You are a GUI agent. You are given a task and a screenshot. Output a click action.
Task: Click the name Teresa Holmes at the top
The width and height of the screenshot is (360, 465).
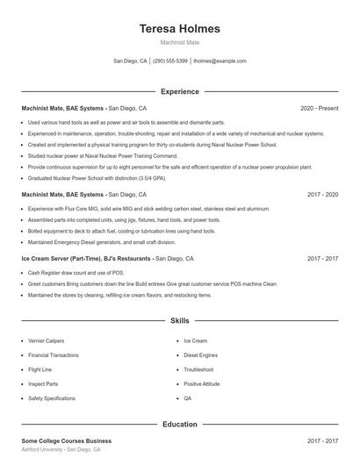180,28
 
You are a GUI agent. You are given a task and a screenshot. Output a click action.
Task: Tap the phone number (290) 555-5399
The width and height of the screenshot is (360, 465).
170,61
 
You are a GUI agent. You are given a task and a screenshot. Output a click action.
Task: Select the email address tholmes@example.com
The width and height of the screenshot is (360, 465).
220,61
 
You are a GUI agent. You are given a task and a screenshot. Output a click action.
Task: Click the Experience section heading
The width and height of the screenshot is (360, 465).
180,91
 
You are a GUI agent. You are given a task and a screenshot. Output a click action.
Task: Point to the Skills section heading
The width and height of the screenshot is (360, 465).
180,321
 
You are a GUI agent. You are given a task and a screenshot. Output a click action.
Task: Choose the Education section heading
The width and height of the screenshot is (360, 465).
180,425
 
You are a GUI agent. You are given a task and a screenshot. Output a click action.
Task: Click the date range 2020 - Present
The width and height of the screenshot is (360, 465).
319,108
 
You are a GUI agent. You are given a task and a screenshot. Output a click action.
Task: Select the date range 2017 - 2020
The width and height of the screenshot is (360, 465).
322,194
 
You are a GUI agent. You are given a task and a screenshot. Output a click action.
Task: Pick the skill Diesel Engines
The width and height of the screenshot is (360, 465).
201,354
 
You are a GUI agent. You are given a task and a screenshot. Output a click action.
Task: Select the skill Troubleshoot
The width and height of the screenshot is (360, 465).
199,369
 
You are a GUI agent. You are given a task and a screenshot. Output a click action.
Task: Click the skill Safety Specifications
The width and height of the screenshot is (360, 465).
52,398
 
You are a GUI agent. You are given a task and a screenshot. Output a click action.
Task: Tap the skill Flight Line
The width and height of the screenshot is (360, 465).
41,369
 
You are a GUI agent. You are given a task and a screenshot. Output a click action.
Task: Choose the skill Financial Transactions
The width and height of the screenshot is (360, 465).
54,354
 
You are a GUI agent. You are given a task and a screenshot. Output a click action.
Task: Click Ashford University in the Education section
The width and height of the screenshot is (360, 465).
45,448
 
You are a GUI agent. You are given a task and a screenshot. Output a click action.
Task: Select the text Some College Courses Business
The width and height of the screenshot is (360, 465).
67,440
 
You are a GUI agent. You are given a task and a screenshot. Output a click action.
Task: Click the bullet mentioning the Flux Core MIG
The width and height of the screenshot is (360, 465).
148,209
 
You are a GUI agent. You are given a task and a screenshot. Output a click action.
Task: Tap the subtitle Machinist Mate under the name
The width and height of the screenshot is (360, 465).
180,42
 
